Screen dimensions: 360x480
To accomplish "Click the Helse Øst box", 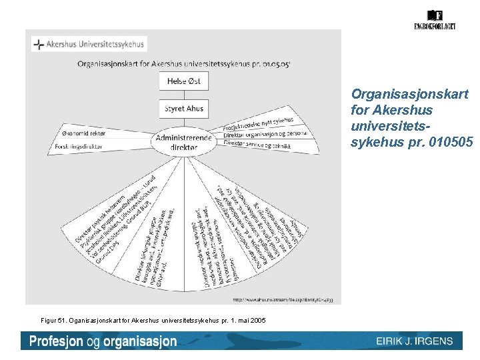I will point(183,82).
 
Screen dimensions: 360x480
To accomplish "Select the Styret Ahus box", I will point(183,109).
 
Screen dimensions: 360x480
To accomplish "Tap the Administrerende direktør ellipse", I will point(183,141).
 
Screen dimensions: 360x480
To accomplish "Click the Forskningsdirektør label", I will point(83,146).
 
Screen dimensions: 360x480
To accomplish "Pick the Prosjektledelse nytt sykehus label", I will point(257,124).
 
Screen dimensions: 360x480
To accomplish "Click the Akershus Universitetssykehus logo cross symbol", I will point(40,45).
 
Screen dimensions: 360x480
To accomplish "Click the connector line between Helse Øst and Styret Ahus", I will point(183,95).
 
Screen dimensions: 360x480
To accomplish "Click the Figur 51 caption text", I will point(147,321).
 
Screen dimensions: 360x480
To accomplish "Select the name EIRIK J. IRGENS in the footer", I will point(414,341).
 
